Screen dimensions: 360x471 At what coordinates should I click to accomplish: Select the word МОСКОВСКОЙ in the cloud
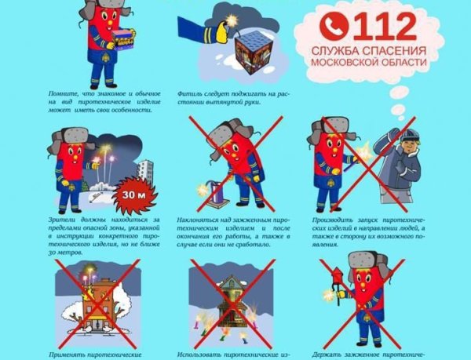pos(353,62)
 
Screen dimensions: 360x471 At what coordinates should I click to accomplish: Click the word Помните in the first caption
pos(68,91)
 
